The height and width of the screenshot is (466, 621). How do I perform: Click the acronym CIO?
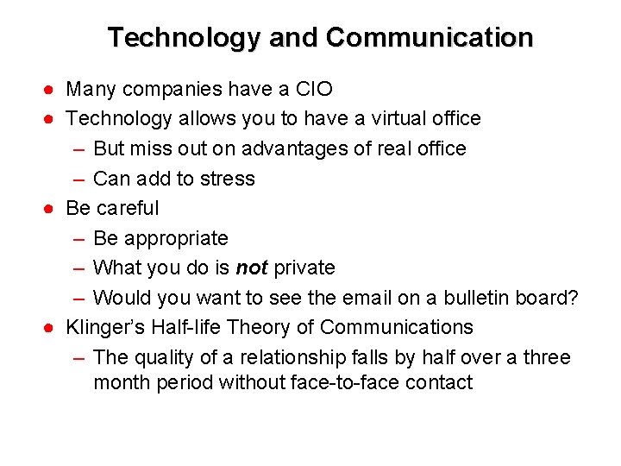pyautogui.click(x=313, y=89)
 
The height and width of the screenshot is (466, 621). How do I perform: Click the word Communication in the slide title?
pyautogui.click(x=430, y=39)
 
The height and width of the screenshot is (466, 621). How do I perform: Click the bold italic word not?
pyautogui.click(x=251, y=268)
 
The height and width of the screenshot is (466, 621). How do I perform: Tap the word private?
pyautogui.click(x=304, y=268)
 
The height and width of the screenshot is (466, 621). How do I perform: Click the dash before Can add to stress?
pyautogui.click(x=78, y=179)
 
